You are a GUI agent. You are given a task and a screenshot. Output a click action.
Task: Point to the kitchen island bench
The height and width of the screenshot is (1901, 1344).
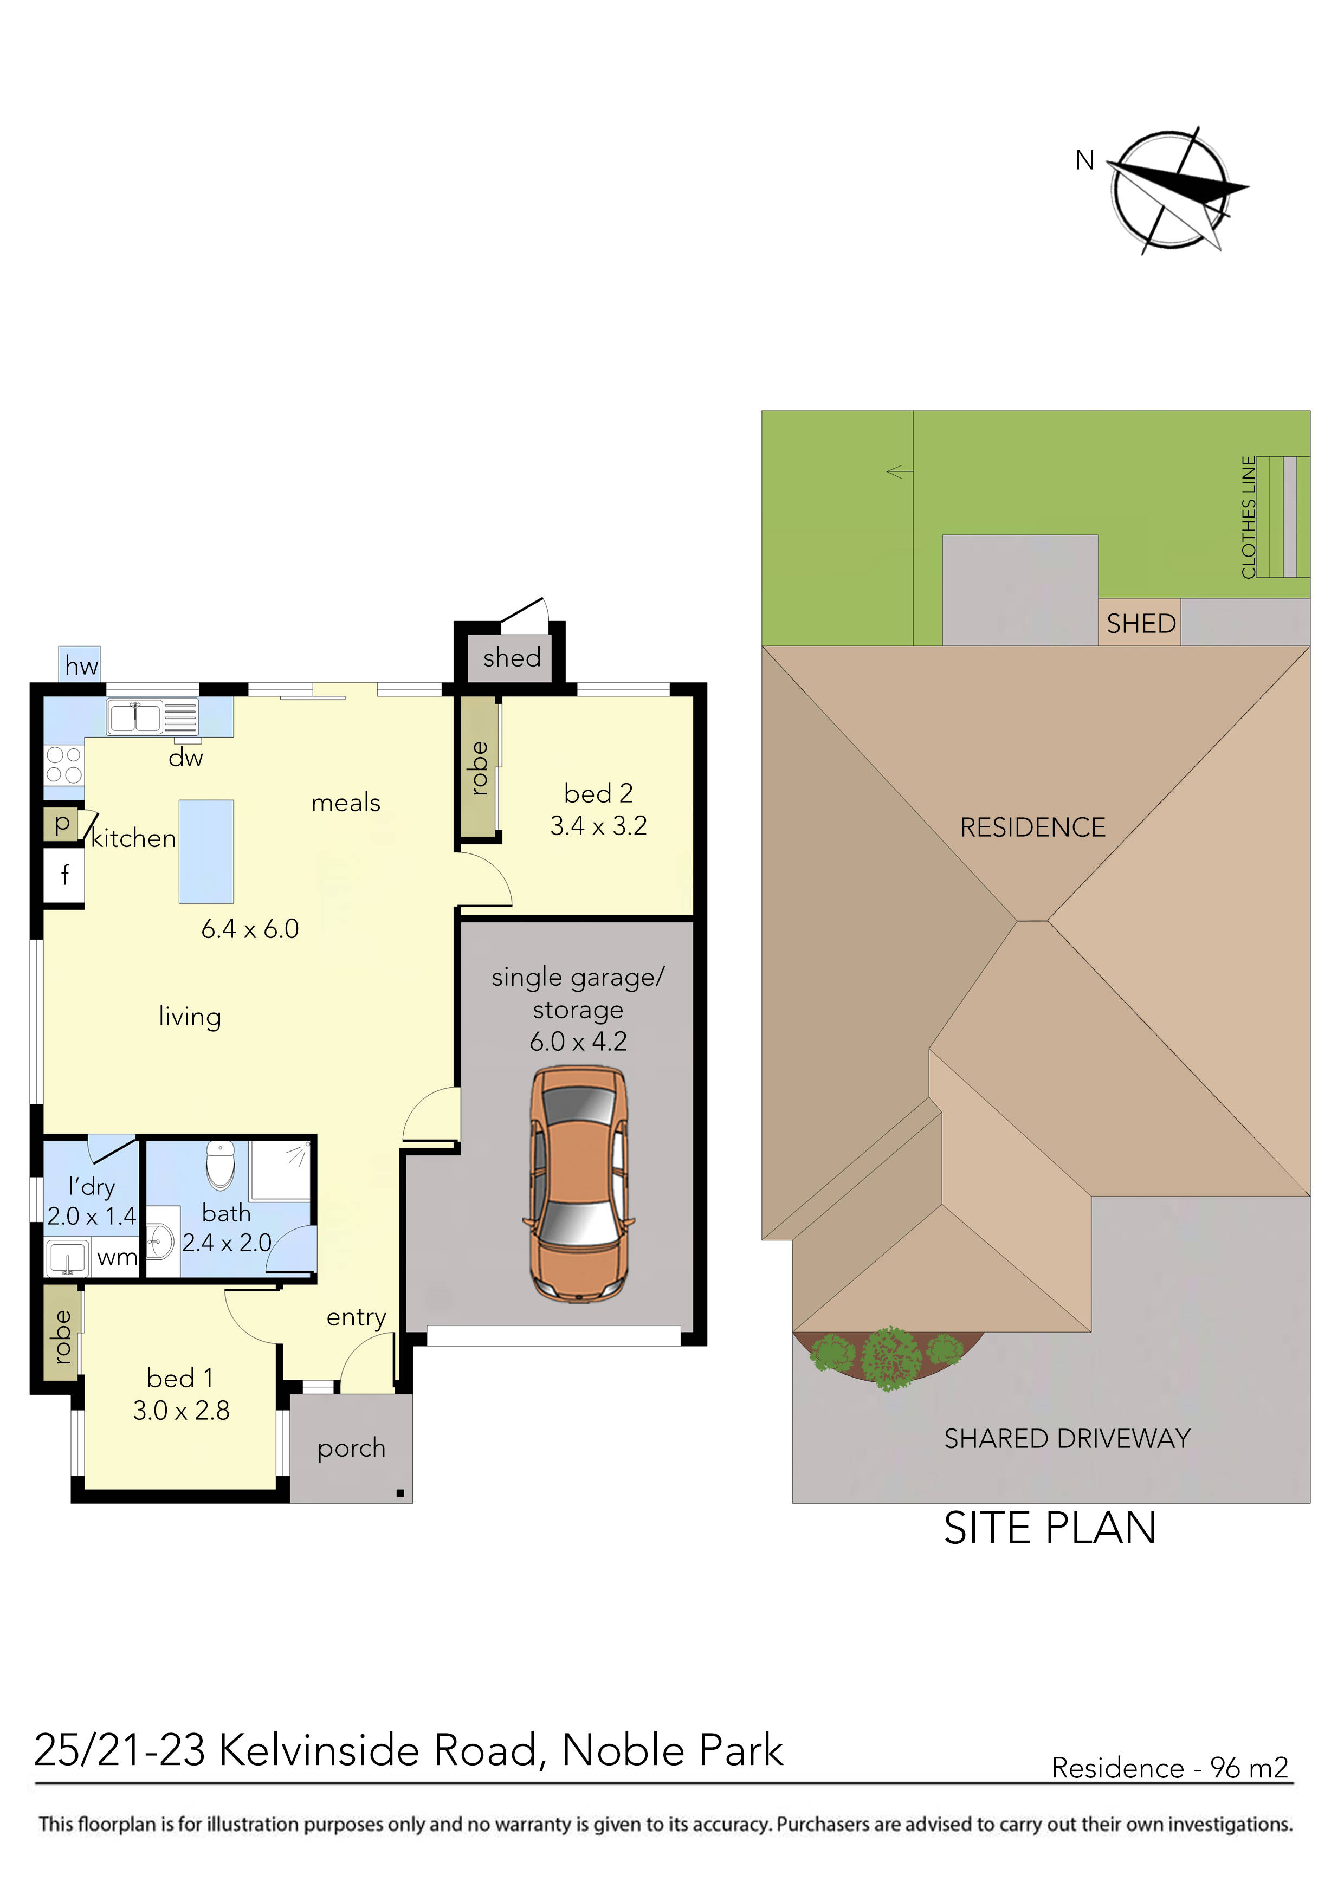click(x=206, y=851)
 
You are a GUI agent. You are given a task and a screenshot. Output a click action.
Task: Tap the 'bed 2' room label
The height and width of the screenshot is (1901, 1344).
click(x=598, y=793)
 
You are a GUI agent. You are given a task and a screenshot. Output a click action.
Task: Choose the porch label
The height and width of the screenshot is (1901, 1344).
click(x=351, y=1448)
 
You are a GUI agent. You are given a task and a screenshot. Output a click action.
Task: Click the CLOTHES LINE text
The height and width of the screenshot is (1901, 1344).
click(x=1249, y=518)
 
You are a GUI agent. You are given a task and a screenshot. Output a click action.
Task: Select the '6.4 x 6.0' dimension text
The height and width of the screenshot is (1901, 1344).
click(x=249, y=929)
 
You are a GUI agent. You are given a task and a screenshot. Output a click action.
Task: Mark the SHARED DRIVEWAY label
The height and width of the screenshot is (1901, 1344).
click(x=1067, y=1439)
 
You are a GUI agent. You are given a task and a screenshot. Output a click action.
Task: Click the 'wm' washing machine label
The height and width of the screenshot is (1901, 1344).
click(x=117, y=1258)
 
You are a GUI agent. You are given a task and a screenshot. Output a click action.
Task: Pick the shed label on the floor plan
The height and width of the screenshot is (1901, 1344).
click(x=511, y=658)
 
